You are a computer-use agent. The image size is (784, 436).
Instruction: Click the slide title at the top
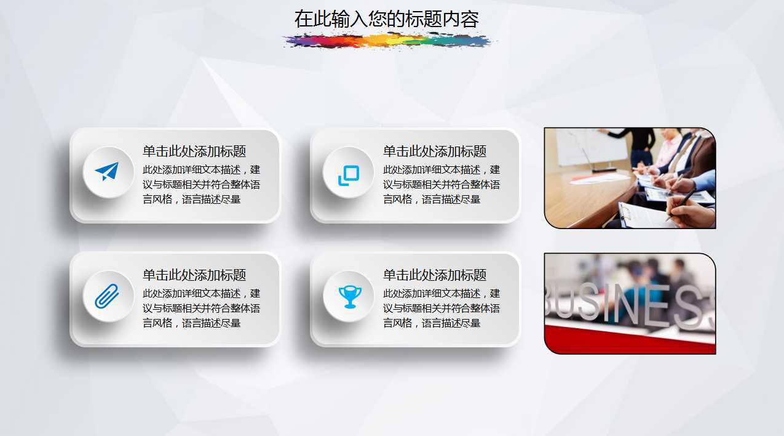(386, 19)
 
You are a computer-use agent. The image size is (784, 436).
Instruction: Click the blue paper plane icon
(107, 172)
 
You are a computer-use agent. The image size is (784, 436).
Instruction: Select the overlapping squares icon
(348, 176)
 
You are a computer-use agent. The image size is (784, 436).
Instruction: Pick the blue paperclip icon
(107, 296)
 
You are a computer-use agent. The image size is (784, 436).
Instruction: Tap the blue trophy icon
(349, 296)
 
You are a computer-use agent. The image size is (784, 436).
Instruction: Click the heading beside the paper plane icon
(194, 151)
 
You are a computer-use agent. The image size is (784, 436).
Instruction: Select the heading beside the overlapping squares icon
(435, 151)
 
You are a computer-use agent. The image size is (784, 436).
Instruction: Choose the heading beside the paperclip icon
(194, 275)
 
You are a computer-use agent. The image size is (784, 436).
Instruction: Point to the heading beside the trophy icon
(435, 275)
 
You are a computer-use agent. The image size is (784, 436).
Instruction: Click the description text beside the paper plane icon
(202, 185)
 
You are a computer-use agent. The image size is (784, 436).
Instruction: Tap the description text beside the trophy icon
(441, 309)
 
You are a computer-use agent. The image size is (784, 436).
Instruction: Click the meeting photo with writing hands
(630, 178)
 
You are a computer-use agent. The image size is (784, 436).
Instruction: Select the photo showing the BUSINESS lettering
(630, 304)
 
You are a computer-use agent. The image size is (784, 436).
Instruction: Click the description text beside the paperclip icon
(202, 309)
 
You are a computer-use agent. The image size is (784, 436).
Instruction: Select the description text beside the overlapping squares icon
(441, 185)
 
